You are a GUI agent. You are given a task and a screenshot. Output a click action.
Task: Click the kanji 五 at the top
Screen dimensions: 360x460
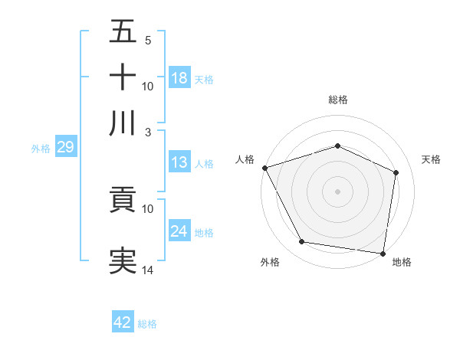tap(123, 33)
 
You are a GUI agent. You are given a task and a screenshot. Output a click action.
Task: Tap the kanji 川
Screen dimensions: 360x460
tap(123, 123)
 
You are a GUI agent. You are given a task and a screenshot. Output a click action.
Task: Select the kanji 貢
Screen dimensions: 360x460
tap(123, 201)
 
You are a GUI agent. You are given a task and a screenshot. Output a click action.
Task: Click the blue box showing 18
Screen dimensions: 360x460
tap(179, 78)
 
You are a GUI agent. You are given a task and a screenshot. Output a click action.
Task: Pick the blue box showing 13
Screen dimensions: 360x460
tap(179, 162)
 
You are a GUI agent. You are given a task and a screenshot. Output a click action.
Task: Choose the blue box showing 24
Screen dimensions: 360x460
tap(179, 231)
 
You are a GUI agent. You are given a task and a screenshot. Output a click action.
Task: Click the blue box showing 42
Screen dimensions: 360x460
tap(123, 322)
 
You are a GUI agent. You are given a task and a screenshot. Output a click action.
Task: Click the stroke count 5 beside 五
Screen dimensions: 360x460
tap(148, 41)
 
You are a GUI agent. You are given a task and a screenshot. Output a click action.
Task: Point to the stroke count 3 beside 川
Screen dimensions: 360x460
tap(148, 132)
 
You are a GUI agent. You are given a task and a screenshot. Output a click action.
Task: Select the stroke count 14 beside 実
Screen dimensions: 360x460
tap(148, 270)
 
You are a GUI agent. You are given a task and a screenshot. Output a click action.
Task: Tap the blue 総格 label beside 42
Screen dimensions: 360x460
tap(147, 324)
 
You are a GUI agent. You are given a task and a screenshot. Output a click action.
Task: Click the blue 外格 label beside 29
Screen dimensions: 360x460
tap(41, 149)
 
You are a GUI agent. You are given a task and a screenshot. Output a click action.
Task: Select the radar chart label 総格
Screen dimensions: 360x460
tap(337, 100)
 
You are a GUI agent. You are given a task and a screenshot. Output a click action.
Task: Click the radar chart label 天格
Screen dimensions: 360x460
tap(432, 159)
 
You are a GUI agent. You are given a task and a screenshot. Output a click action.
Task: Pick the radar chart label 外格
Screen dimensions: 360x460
tap(270, 263)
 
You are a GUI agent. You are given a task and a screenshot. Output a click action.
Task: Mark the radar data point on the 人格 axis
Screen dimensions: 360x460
tap(264, 168)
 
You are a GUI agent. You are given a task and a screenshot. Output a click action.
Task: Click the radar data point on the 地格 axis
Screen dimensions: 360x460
tap(383, 253)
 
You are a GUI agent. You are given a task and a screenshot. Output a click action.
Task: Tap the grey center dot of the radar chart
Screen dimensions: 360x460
tap(337, 191)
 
